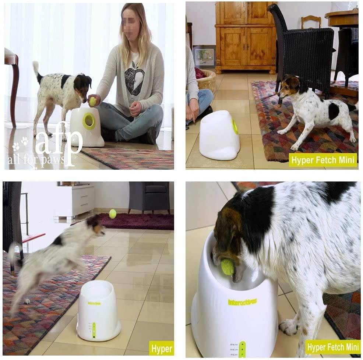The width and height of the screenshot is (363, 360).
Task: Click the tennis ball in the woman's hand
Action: tap(92, 101)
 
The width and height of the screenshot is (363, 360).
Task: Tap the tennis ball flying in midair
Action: tap(113, 213)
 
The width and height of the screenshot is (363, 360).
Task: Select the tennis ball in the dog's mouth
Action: tap(227, 267)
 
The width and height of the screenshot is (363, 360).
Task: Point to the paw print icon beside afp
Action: tap(20, 144)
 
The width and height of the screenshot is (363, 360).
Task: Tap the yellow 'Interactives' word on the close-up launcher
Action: tap(242, 302)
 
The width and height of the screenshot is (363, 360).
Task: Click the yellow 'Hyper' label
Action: tap(161, 348)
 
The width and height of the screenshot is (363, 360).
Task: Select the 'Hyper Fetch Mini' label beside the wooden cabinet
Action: tap(323, 160)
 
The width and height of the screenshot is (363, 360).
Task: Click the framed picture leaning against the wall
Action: tap(204, 57)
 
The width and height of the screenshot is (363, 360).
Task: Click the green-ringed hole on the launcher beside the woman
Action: tap(89, 121)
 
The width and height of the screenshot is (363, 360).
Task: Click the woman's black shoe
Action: tap(149, 136)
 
